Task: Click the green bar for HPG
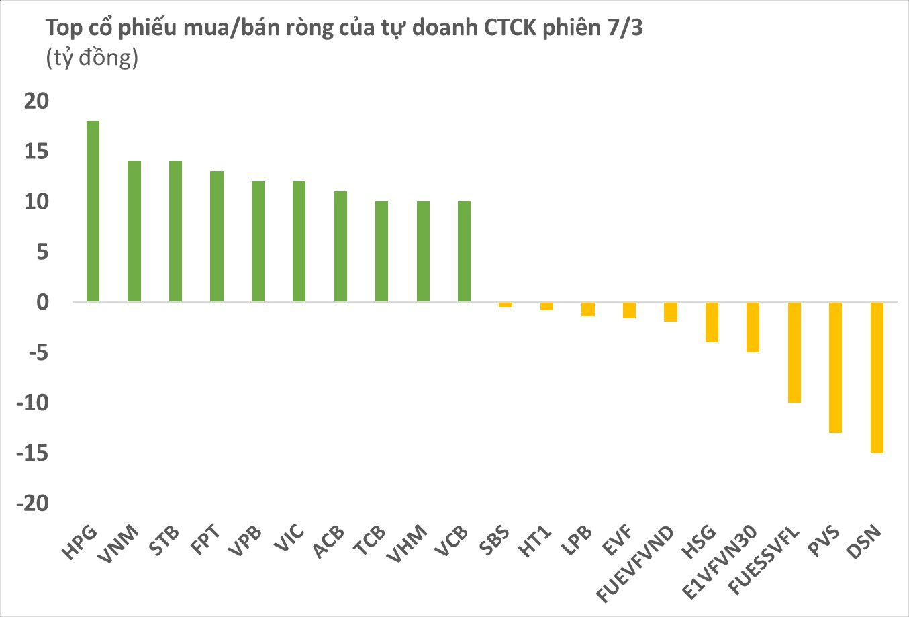click(93, 211)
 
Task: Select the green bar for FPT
click(217, 236)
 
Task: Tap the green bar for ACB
click(340, 246)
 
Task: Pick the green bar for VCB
click(464, 252)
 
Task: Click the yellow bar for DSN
click(877, 377)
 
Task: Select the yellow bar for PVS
click(835, 367)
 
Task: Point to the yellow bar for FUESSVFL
click(794, 352)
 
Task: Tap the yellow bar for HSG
click(712, 322)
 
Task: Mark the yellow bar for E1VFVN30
click(753, 327)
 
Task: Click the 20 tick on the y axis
click(37, 101)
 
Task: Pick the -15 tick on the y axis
click(34, 454)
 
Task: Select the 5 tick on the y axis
click(43, 252)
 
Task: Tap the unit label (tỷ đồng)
click(92, 58)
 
